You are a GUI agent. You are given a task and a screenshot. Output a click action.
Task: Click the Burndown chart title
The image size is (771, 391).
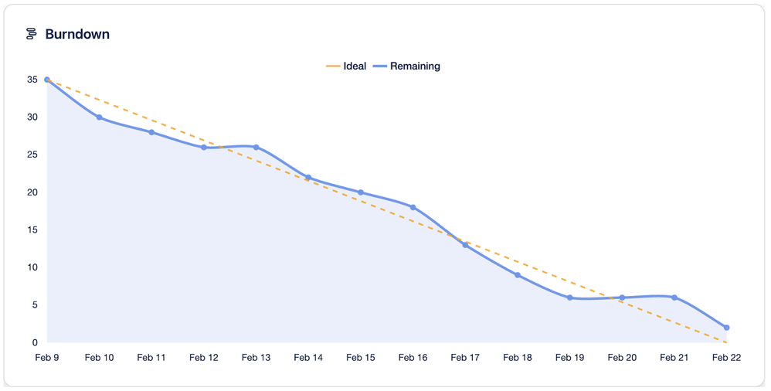click(77, 35)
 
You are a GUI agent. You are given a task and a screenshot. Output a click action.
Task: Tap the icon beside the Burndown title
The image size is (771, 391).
click(32, 35)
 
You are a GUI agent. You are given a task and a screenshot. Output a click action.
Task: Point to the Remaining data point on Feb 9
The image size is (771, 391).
click(47, 80)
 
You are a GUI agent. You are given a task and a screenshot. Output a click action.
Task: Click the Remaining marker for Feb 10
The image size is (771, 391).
click(100, 117)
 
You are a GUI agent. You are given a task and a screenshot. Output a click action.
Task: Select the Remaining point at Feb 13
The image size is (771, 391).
click(256, 148)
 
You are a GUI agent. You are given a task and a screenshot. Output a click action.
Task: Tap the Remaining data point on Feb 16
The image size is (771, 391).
click(413, 207)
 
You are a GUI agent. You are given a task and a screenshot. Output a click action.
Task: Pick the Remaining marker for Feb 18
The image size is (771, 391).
click(518, 275)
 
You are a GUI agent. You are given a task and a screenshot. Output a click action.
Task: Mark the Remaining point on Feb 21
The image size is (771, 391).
click(674, 297)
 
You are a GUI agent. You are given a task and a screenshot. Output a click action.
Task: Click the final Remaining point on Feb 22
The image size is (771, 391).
click(727, 328)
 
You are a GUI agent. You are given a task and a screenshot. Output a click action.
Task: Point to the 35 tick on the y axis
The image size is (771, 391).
click(32, 80)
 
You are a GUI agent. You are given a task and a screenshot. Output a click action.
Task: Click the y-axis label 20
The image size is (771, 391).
click(32, 192)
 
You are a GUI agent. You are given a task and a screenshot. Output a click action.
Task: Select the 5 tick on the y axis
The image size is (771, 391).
click(35, 305)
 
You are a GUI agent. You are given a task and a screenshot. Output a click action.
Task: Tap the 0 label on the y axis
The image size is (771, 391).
click(35, 342)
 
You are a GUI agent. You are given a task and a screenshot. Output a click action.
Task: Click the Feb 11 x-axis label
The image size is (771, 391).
click(151, 358)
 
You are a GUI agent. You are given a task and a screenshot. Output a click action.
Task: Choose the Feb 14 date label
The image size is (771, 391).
click(308, 358)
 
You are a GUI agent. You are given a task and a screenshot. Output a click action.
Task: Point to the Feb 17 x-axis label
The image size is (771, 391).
click(465, 358)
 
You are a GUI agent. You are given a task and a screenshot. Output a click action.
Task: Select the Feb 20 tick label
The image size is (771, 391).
click(622, 358)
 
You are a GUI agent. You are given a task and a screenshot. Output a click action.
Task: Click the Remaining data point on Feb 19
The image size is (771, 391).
click(570, 297)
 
